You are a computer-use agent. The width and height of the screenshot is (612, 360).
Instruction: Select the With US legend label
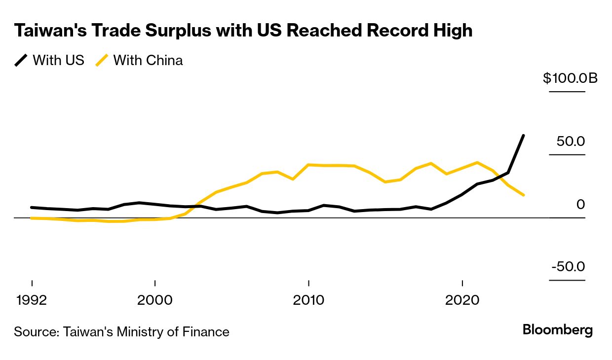tap(58, 60)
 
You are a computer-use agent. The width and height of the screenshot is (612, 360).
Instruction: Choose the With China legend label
tap(148, 60)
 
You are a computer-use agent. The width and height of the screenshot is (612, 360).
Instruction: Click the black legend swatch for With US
tap(21, 60)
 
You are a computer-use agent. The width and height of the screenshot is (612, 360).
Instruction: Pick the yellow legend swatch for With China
tap(102, 60)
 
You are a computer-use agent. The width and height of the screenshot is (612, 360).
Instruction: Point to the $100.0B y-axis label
tap(570, 78)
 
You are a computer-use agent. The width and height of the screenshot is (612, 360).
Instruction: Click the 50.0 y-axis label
tap(571, 141)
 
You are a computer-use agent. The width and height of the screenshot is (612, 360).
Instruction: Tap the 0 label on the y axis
tap(580, 204)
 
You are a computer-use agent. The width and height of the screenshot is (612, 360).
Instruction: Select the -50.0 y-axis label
tap(568, 267)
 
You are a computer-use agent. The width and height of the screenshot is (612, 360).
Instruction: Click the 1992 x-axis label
tap(32, 300)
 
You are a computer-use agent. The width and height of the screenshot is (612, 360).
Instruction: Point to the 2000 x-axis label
tap(155, 300)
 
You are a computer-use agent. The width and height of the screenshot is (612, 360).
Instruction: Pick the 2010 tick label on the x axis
tap(308, 300)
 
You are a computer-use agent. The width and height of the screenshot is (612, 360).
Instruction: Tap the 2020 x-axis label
tap(462, 300)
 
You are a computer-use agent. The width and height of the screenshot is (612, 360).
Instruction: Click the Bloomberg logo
tap(558, 330)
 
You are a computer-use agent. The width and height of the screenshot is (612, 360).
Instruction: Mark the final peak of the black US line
tap(523, 135)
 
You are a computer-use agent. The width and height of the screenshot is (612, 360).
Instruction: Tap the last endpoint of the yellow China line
tap(523, 195)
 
